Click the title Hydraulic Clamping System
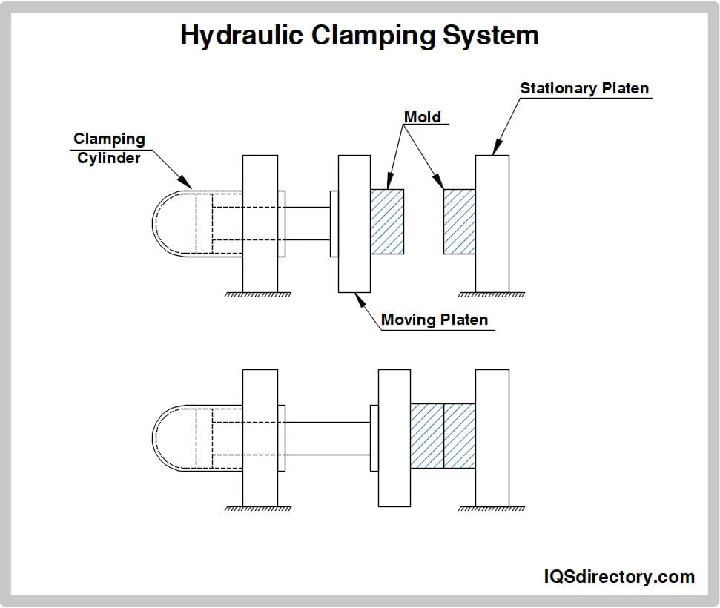(x=360, y=36)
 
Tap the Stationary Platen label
(x=584, y=88)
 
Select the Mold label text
(x=422, y=117)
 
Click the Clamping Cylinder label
(x=109, y=148)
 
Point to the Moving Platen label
(x=435, y=320)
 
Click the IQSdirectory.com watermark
(x=619, y=577)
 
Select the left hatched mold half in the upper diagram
(x=386, y=221)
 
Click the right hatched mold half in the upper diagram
(x=459, y=221)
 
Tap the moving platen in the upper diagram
(x=354, y=222)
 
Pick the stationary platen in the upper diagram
(x=492, y=222)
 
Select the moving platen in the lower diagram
(x=394, y=437)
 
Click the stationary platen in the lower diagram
(x=492, y=437)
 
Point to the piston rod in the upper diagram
(x=307, y=223)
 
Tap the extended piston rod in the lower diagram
(x=327, y=438)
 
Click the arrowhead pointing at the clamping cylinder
(x=188, y=182)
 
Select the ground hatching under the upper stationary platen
(x=492, y=294)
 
